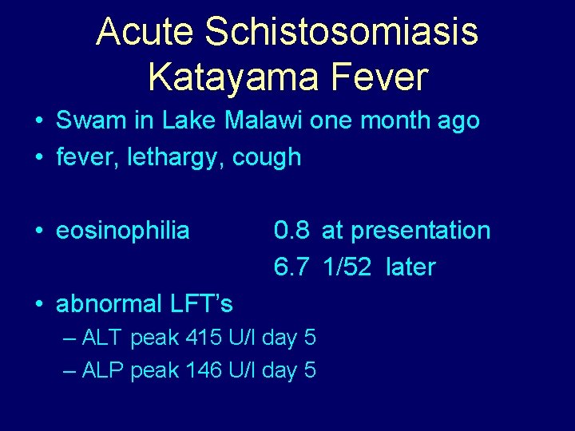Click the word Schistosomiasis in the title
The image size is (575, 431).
pos(341,33)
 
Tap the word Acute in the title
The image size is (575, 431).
pos(145,33)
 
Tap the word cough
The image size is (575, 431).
pos(267,158)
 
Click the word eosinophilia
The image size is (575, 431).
pos(123,231)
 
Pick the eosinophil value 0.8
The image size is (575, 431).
pos(291,231)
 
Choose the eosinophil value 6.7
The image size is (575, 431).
pos(291,267)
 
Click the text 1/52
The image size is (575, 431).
pos(347,267)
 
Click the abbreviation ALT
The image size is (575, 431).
pos(102,338)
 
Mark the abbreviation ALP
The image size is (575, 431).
pos(102,370)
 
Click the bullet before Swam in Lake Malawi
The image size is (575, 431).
pos(38,122)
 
